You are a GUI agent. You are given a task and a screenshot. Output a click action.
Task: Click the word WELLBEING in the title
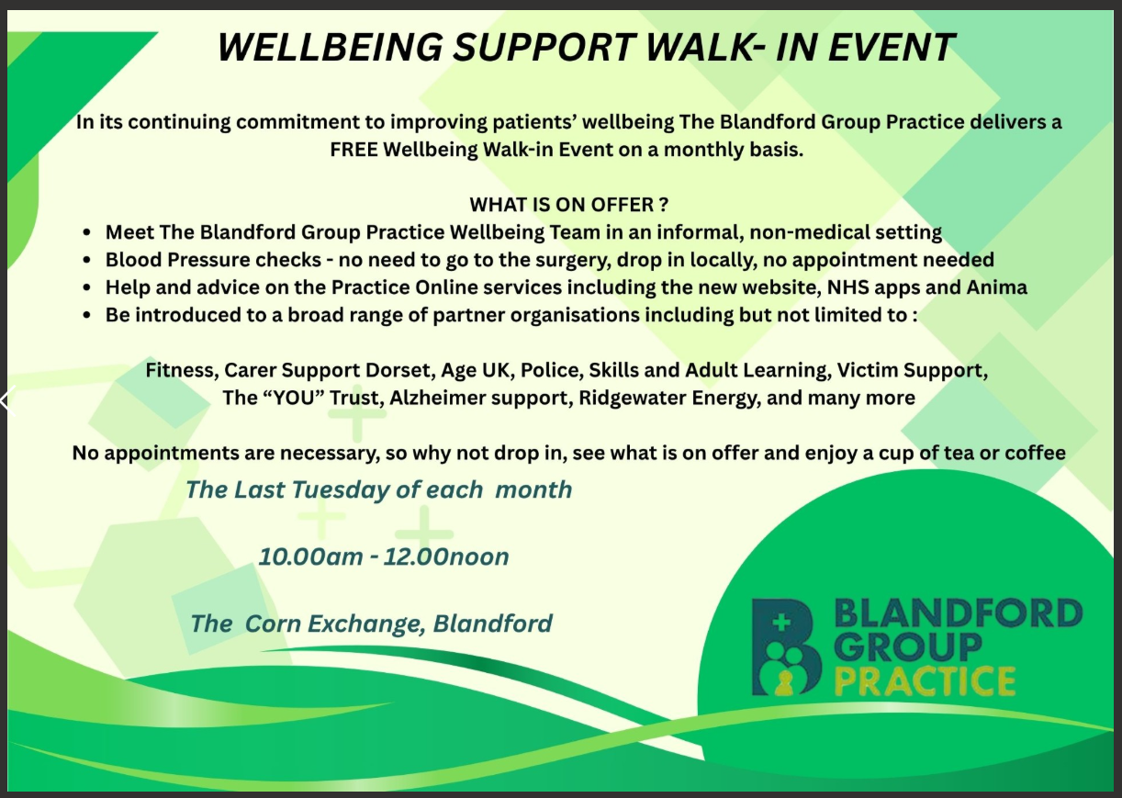331,48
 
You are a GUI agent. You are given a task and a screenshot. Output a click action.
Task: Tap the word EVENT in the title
892,48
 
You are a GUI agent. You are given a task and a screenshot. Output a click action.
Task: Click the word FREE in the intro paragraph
353,150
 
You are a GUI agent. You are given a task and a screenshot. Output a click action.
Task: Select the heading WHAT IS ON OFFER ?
569,205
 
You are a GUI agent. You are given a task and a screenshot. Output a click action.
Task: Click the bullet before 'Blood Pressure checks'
87,261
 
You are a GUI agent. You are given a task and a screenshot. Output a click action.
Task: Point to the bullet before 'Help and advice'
87,288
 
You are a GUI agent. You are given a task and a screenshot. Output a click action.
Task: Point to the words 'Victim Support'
912,371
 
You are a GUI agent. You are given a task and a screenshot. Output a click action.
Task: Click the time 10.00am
310,556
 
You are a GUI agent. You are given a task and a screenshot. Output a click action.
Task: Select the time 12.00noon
446,556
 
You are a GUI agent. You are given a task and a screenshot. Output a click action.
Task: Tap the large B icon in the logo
786,647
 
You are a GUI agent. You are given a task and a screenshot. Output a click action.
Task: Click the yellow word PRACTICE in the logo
926,680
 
